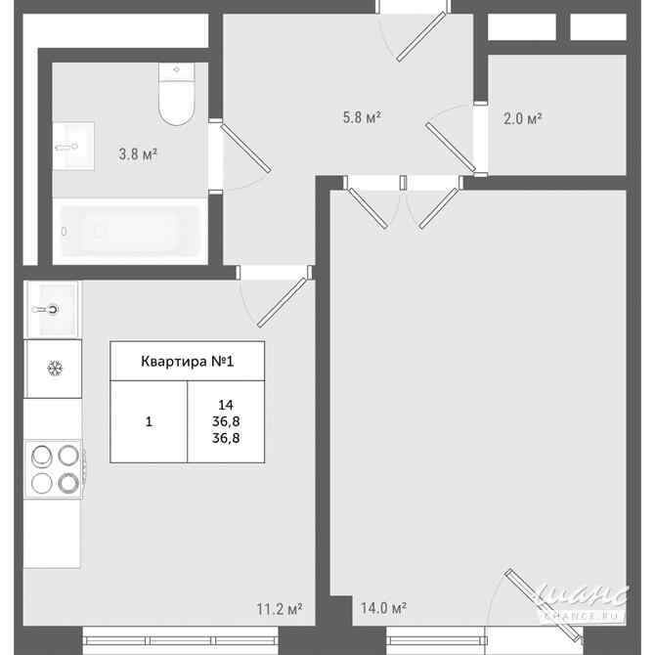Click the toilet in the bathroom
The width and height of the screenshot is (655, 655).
[177, 97]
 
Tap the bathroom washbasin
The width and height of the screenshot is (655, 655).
[73, 147]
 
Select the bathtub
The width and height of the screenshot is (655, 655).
[129, 232]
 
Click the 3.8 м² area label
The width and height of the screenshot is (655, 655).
[138, 153]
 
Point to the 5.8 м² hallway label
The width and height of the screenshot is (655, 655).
[361, 118]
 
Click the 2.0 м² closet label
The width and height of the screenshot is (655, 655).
[522, 119]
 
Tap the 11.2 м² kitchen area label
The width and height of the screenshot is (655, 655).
[279, 608]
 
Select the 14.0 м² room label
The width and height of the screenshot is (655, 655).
[383, 608]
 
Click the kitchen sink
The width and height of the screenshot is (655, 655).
[52, 308]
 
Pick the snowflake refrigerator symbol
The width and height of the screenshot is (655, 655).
[55, 369]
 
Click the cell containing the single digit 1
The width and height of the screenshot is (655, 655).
[149, 422]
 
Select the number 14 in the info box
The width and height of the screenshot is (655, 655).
[226, 404]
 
